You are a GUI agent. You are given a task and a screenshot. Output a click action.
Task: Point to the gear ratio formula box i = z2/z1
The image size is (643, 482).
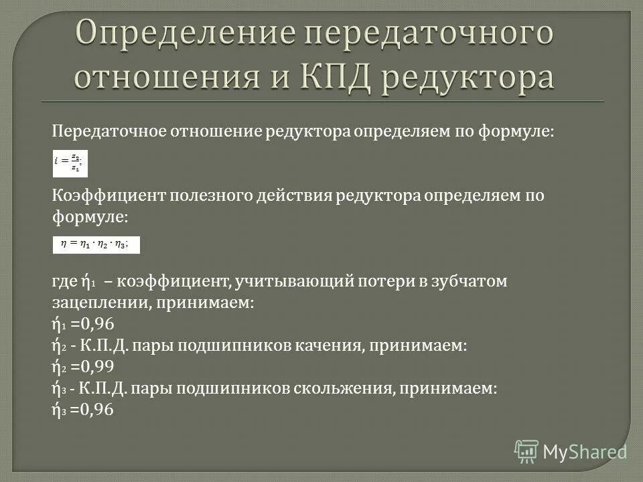pos(70,162)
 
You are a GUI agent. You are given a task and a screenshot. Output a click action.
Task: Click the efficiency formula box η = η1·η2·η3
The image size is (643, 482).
pos(96,245)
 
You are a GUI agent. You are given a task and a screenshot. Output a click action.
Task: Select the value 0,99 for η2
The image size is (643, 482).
pos(92,366)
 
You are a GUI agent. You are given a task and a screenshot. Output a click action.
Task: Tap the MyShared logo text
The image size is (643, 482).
pos(585,452)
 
